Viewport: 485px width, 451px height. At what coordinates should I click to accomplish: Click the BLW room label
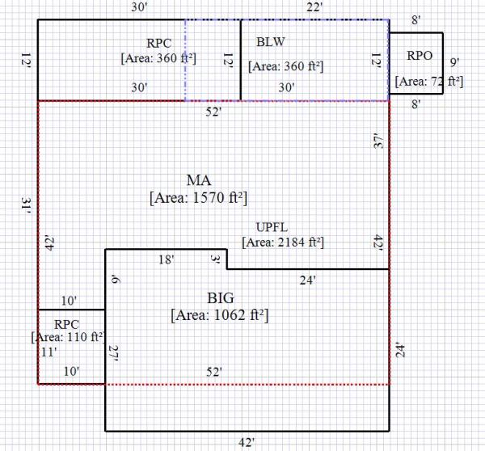tap(270, 42)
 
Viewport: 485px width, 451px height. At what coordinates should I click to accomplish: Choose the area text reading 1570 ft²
tap(198, 197)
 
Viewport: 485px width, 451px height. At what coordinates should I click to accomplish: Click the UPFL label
tap(272, 226)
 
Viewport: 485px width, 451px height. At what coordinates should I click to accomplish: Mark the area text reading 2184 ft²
tap(283, 242)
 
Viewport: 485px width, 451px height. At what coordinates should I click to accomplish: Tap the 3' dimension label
tap(216, 259)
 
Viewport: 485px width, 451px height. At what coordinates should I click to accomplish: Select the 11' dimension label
tap(49, 352)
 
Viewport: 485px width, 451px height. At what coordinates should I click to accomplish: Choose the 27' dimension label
tap(114, 353)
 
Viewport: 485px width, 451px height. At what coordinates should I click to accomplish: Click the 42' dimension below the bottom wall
tap(247, 441)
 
